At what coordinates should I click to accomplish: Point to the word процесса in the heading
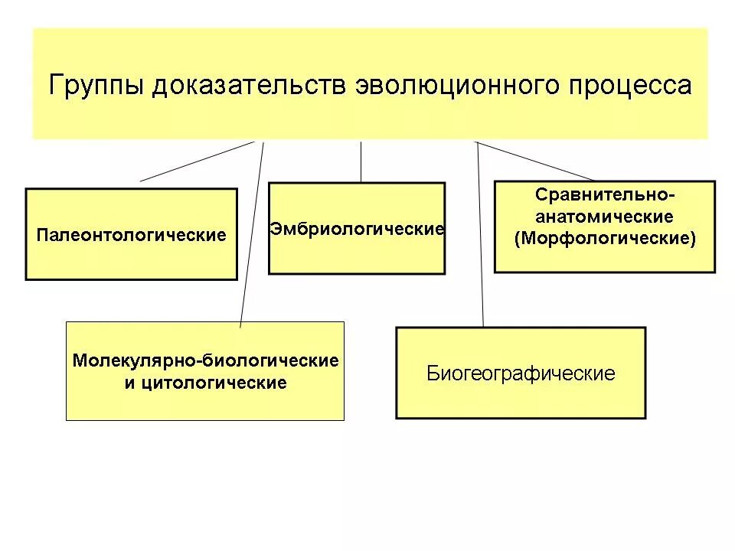(629, 86)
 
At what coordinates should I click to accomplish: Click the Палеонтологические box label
(132, 235)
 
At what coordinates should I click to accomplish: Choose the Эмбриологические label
(357, 230)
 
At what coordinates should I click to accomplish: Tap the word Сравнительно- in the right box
(605, 195)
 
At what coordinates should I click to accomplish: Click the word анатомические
(605, 217)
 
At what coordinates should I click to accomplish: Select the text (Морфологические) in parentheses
(605, 238)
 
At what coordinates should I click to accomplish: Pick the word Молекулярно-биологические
(205, 360)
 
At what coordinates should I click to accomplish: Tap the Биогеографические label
(521, 373)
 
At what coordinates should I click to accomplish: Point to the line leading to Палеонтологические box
(197, 161)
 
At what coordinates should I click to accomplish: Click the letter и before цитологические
(129, 383)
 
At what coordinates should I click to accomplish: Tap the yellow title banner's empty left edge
(41, 84)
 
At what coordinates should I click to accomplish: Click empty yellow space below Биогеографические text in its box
(521, 401)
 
